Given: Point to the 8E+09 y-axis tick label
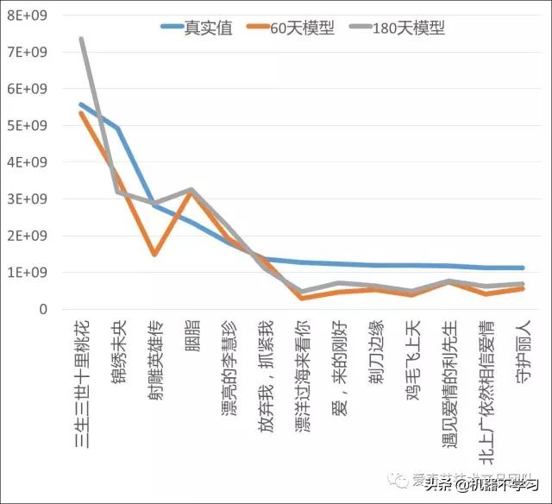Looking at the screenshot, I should click(x=27, y=16).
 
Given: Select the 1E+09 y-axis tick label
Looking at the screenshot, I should click(x=27, y=273).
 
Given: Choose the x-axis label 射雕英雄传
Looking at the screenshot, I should click(x=154, y=362).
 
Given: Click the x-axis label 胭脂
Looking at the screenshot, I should click(x=191, y=337).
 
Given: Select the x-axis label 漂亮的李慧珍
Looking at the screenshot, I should click(x=228, y=369).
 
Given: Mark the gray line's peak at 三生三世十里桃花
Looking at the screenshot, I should click(x=81, y=39).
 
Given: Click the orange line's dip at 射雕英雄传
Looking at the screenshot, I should click(x=154, y=255).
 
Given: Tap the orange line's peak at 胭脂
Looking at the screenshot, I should click(x=191, y=191).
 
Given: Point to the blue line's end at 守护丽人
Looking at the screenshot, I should click(x=523, y=268).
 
